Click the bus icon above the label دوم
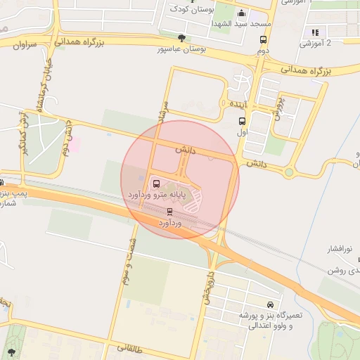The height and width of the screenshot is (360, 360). click(263, 40)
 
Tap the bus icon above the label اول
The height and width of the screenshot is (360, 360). click(242, 121)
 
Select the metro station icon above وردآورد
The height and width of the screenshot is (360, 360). click(169, 211)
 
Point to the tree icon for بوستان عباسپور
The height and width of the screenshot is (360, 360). click(182, 38)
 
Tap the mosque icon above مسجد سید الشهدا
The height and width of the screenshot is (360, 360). click(242, 13)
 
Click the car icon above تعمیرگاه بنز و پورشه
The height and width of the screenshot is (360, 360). click(230, 306)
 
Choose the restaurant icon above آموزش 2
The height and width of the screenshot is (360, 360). click(315, 32)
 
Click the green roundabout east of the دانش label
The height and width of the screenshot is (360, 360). click(289, 172)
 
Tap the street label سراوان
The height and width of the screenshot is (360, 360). click(25, 45)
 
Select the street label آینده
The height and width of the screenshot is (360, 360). click(236, 103)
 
